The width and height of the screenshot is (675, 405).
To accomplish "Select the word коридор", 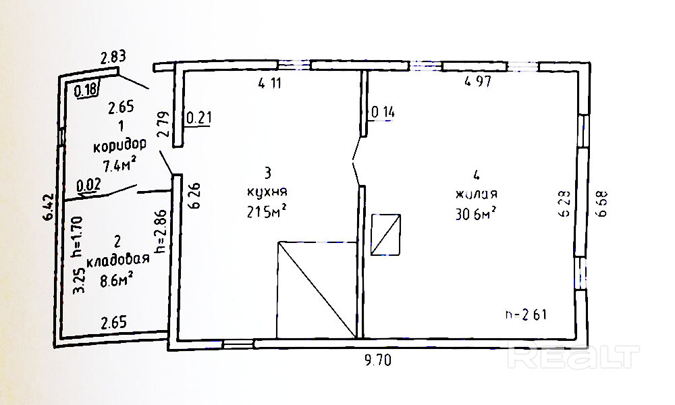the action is pos(120,144).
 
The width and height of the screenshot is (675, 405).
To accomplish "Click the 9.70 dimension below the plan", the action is pos(377,360).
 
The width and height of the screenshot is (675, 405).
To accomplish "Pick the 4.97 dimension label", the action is pos(477,83).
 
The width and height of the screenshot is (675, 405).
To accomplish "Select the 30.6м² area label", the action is pos(477,213).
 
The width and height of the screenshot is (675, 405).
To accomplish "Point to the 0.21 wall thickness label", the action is pos(198,119).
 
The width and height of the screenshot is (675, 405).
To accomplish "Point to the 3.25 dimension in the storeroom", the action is pos(78,280).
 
